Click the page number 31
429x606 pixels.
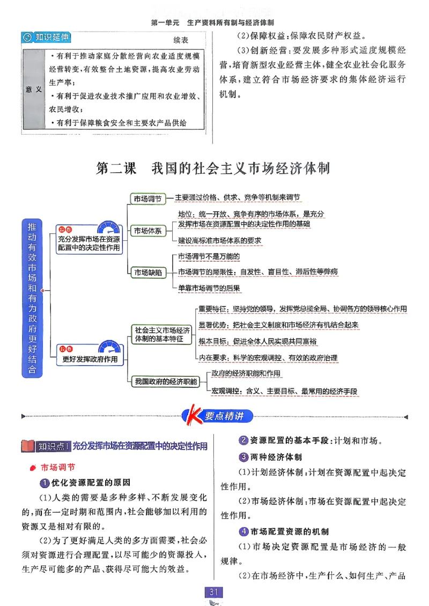click(x=214, y=592)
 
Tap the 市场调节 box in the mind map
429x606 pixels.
click(x=147, y=198)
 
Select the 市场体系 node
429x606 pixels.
click(x=147, y=231)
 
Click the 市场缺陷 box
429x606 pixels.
click(x=147, y=272)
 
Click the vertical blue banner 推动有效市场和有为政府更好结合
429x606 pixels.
click(x=32, y=298)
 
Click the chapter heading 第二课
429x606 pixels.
click(x=116, y=168)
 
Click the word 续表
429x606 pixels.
click(x=181, y=40)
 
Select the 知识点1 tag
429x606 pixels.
click(x=53, y=446)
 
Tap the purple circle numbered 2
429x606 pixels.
click(x=242, y=441)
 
